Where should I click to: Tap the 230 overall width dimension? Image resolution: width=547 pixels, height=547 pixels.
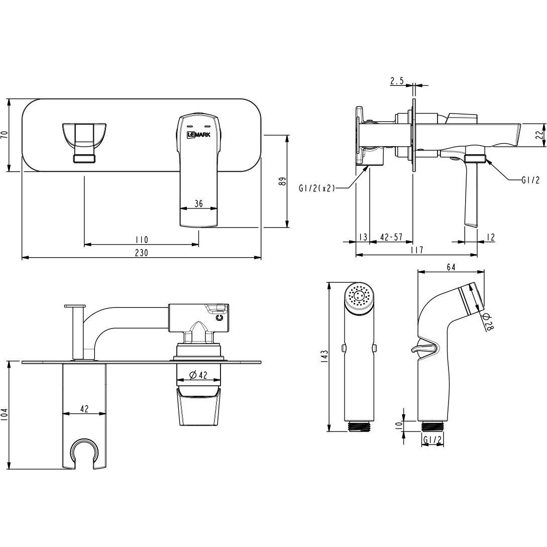point(142,253)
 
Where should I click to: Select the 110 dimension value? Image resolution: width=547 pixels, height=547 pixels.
point(141,239)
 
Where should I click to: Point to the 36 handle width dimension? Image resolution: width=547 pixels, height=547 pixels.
point(198,203)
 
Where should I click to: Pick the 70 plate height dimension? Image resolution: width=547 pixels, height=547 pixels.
point(5,135)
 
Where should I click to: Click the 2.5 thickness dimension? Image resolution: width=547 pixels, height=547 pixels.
point(397,81)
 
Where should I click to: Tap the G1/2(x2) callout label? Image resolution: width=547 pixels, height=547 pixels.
point(316,188)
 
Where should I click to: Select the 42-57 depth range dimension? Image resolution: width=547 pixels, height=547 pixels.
point(391,237)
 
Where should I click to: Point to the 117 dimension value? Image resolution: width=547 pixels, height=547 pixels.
point(416,250)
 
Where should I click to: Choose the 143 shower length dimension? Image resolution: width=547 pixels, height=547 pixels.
point(324,356)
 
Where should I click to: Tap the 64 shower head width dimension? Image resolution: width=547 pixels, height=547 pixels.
point(451,267)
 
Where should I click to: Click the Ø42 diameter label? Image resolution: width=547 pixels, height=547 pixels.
point(199,375)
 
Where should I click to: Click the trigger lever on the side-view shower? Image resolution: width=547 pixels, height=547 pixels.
point(421,348)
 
